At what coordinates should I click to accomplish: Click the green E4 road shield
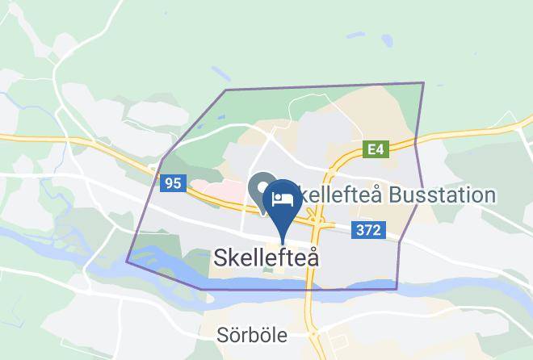pyautogui.click(x=376, y=149)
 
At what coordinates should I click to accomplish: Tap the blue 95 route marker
pyautogui.click(x=172, y=183)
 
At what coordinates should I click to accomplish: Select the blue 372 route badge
pyautogui.click(x=367, y=231)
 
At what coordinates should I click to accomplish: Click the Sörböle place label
pyautogui.click(x=252, y=335)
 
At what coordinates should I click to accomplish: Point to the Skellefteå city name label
pyautogui.click(x=266, y=257)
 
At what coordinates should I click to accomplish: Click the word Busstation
pyautogui.click(x=441, y=195)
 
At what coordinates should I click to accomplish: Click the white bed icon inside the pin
pyautogui.click(x=282, y=198)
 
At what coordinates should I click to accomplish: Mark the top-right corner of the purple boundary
pyautogui.click(x=423, y=83)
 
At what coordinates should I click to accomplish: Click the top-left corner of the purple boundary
pyautogui.click(x=225, y=90)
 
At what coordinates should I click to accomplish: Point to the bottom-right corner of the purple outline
pyautogui.click(x=397, y=288)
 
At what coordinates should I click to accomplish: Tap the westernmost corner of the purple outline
pyautogui.click(x=127, y=262)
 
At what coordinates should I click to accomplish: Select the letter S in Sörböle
pyautogui.click(x=223, y=335)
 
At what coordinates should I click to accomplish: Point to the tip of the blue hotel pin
pyautogui.click(x=282, y=240)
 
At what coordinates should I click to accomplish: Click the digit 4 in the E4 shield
pyautogui.click(x=380, y=149)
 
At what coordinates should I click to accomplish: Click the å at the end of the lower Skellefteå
pyautogui.click(x=312, y=257)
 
